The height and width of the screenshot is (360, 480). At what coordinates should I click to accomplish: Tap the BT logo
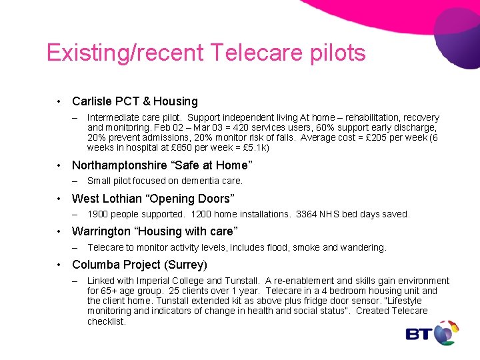pos(432,333)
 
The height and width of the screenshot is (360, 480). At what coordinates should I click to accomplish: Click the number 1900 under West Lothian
pos(98,214)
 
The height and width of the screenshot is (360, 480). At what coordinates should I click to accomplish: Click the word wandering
pos(365,247)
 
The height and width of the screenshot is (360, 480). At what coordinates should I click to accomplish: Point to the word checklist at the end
pos(106,321)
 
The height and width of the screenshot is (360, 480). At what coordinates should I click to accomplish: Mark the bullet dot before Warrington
pos(59,231)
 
